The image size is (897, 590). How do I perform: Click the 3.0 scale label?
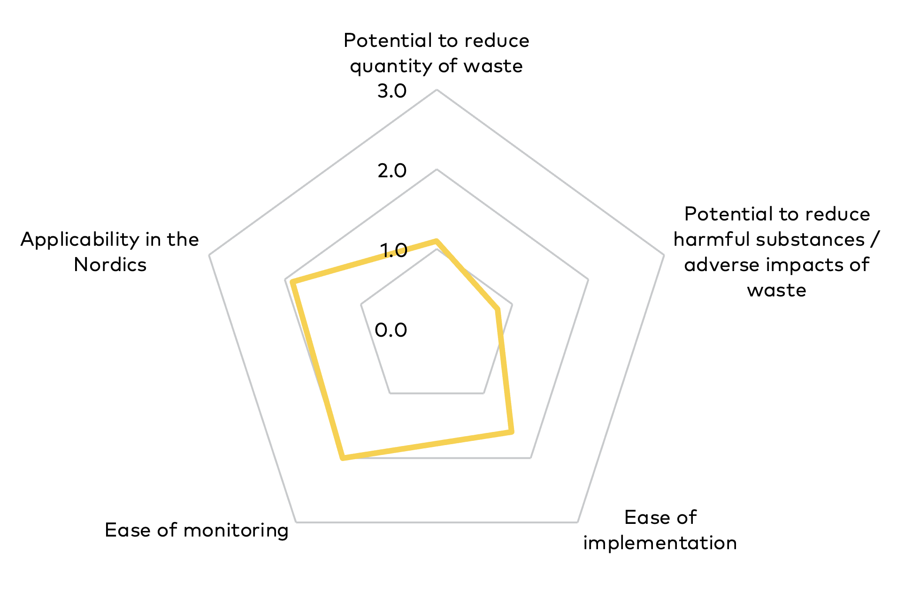click(392, 91)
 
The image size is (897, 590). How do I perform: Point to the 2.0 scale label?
click(392, 171)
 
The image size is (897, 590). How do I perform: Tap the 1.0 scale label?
click(394, 250)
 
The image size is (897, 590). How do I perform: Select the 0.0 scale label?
click(391, 330)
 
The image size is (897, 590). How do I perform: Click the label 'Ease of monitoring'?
click(197, 530)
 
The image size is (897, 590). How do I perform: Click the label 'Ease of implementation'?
click(660, 530)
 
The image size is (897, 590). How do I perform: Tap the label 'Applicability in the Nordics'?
click(110, 252)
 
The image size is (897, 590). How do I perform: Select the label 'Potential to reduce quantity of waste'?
click(437, 53)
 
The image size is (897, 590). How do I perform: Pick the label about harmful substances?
click(777, 252)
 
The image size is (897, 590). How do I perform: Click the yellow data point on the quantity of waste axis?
click(437, 241)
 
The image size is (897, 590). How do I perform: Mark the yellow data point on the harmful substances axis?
click(497, 309)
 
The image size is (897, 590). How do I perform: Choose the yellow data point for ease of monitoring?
click(343, 457)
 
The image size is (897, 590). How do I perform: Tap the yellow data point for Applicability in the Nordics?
click(292, 282)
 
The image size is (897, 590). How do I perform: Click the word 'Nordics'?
click(110, 265)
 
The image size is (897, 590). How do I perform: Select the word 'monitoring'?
click(236, 530)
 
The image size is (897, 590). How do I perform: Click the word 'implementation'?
click(660, 543)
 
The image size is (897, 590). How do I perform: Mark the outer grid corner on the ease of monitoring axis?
click(296, 522)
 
